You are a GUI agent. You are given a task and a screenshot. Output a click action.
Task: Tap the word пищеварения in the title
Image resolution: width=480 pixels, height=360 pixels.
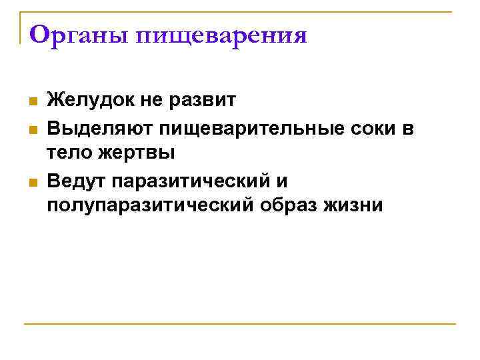(222, 36)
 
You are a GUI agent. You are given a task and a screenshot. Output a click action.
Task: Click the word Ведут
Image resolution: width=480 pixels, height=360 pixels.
(75, 180)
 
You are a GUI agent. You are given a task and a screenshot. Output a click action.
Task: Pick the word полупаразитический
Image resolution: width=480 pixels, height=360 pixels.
(150, 205)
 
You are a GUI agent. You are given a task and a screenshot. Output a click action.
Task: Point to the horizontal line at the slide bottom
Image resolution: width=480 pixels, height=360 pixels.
(240, 324)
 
